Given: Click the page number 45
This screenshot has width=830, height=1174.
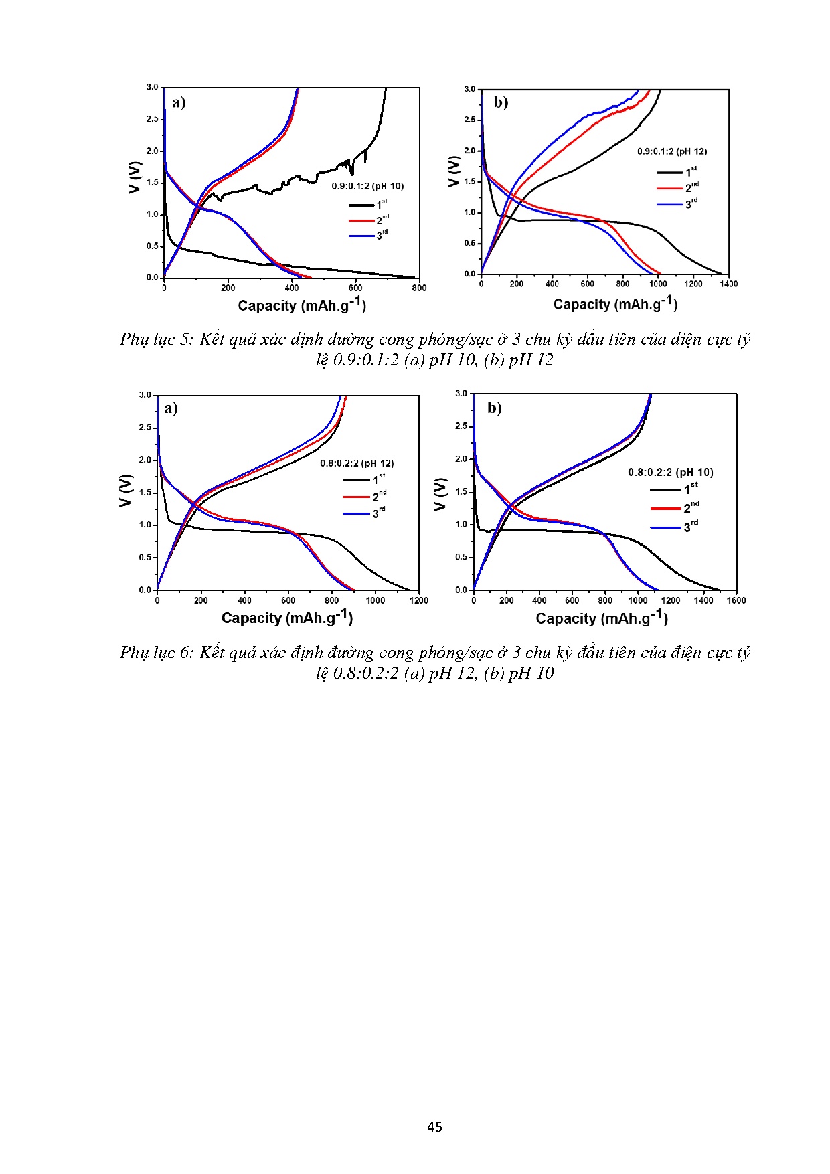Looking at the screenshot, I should [434, 1127].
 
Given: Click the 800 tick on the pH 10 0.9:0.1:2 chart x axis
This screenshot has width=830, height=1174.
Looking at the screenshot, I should [419, 288].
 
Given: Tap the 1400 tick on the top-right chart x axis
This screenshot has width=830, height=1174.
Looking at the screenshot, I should [728, 284].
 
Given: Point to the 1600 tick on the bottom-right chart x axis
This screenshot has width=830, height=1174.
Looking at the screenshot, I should [736, 600].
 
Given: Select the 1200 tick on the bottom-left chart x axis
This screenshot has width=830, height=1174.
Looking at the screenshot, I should [418, 600].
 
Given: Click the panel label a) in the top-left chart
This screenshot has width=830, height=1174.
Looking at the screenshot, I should [178, 102].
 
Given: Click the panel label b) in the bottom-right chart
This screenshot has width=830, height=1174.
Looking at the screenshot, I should [495, 408].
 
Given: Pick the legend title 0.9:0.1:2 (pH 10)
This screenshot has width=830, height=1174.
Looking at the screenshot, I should [367, 186].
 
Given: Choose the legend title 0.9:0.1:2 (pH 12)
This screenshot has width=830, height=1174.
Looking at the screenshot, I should [671, 151].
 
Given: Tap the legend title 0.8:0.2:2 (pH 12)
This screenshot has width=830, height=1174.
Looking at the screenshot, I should [357, 463].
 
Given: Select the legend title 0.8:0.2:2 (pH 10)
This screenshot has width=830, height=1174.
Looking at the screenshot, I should [670, 472].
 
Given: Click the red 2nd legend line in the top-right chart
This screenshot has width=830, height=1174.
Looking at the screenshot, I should [669, 188].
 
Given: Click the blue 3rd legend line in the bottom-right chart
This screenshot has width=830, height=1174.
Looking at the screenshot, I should [665, 527].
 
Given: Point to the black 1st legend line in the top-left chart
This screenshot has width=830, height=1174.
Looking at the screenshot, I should [361, 205].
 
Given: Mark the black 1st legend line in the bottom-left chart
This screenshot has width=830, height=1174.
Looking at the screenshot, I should [356, 480].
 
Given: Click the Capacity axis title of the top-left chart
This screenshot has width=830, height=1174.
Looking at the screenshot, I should [302, 305].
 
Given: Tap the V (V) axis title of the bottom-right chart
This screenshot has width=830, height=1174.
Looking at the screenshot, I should [440, 494].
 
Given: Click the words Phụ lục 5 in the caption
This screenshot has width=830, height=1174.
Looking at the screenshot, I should [157, 339].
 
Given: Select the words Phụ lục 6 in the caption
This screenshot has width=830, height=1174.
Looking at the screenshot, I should [157, 653].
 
